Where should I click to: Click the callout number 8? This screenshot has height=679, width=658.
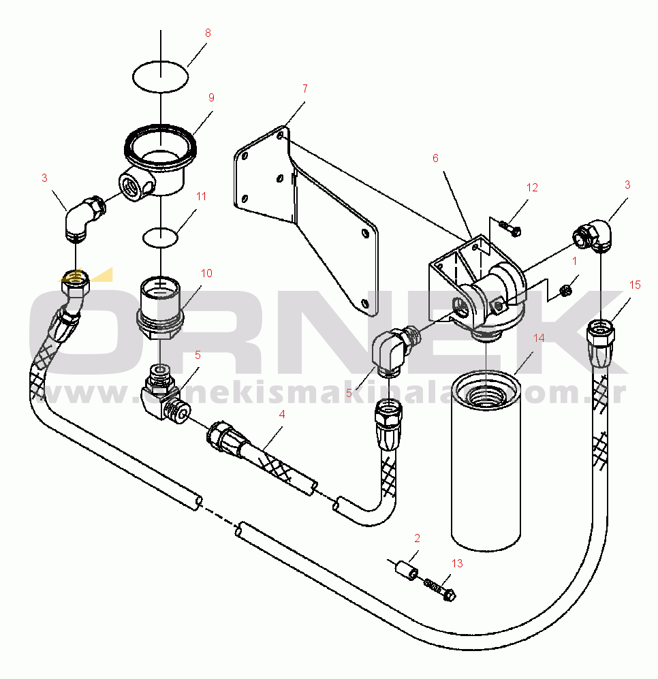(x=208, y=33)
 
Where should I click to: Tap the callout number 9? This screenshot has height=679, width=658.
(x=211, y=97)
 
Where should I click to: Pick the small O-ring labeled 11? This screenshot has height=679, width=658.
(x=160, y=238)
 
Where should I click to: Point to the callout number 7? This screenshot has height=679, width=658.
(x=304, y=89)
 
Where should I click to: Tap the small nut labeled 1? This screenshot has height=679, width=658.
(x=565, y=291)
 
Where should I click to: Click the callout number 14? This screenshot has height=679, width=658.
(x=539, y=338)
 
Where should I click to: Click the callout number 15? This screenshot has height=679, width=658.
(x=635, y=285)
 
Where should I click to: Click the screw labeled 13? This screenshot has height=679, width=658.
(x=440, y=588)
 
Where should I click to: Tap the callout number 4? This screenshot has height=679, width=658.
(x=282, y=413)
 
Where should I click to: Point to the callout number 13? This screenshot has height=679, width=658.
(x=456, y=563)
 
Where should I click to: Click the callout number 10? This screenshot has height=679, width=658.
(x=206, y=273)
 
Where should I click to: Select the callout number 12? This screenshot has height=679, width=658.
(x=532, y=187)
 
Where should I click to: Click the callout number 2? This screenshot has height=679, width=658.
(x=417, y=538)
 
